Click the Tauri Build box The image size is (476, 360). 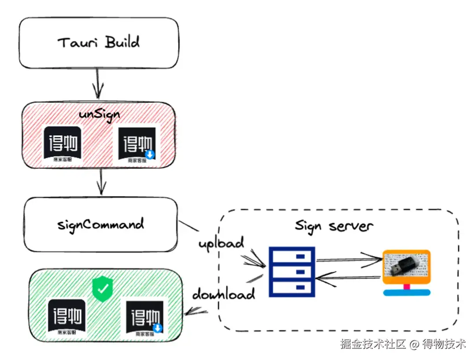tap(99, 43)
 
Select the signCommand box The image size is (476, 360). tap(101, 225)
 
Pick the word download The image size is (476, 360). tap(223, 293)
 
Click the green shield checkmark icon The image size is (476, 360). tap(103, 289)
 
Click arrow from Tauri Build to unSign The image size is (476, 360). tap(97, 85)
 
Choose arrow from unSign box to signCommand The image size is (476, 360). tap(102, 182)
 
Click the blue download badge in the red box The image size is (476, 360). tap(151, 154)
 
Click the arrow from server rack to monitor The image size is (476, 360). tap(348, 260)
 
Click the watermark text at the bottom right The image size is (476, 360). tap(402, 344)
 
